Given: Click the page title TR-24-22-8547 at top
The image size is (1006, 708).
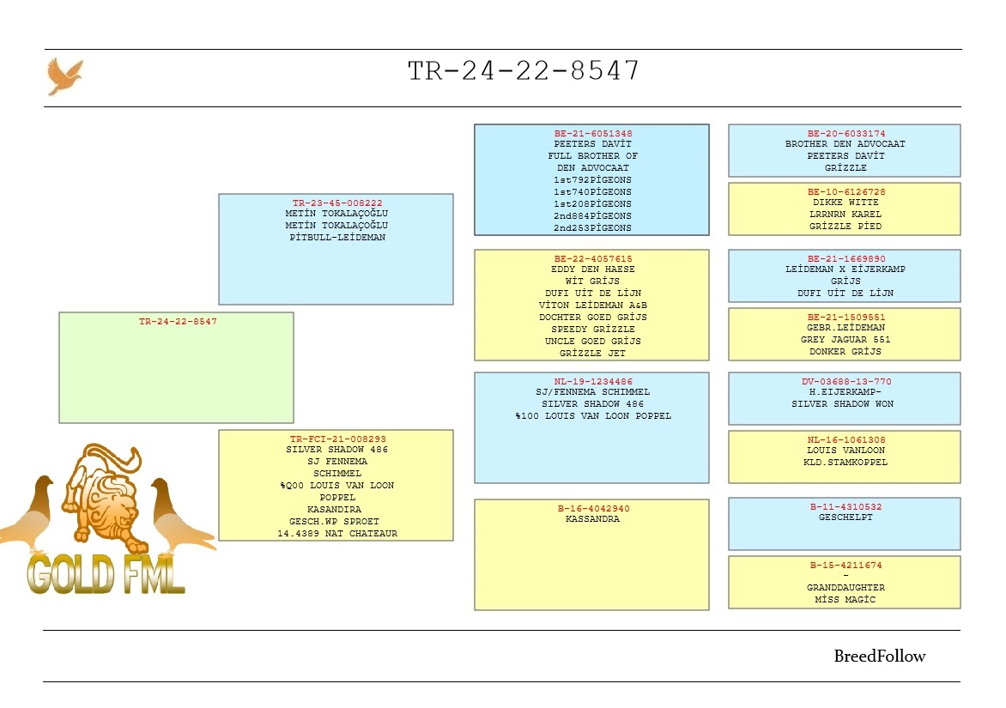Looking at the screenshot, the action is click(x=524, y=70).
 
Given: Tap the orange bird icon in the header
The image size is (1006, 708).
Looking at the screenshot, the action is click(x=64, y=76).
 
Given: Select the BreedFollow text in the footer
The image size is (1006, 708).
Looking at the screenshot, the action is click(x=880, y=656).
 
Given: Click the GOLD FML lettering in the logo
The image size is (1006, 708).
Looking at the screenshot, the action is click(x=106, y=574).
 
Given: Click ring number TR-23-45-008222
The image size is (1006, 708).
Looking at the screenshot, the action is click(x=337, y=203).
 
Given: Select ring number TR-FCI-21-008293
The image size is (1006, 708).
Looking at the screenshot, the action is click(x=338, y=439).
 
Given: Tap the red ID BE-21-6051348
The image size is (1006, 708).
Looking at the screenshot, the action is click(x=593, y=133).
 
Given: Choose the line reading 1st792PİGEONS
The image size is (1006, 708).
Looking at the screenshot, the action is click(x=593, y=180).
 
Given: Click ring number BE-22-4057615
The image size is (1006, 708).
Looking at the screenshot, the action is click(x=593, y=258).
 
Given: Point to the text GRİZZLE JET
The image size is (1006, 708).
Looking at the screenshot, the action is click(x=593, y=354).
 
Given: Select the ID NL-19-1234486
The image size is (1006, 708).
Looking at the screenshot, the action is click(x=593, y=381).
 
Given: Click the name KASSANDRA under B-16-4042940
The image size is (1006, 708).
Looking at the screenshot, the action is click(x=593, y=519).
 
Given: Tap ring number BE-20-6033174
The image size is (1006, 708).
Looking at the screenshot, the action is click(x=846, y=133).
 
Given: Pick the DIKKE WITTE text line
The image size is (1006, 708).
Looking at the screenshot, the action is click(x=845, y=202).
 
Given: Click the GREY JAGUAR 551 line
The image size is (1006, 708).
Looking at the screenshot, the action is click(x=845, y=339).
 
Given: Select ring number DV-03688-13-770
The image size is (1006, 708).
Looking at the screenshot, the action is click(x=846, y=381).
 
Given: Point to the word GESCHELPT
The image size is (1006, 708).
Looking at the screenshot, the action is click(x=845, y=517).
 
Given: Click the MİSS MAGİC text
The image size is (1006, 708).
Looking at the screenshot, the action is click(x=845, y=600).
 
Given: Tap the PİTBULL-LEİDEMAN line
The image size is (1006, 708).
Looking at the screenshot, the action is click(x=337, y=237).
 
